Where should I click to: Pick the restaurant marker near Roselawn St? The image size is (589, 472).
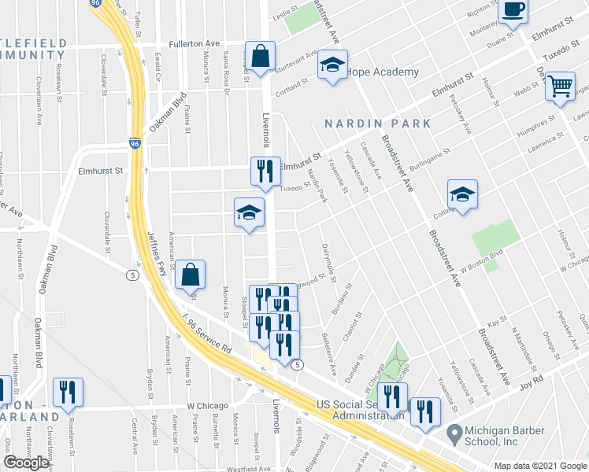[x=68, y=392]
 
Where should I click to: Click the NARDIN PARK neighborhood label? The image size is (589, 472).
[x=379, y=124]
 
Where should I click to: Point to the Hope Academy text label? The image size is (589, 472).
[x=383, y=72]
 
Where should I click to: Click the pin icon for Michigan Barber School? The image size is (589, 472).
[x=454, y=433]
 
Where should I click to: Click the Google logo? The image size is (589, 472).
[x=26, y=463]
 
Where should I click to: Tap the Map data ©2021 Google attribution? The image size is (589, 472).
[x=540, y=466]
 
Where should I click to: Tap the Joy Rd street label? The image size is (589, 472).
[x=532, y=382]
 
